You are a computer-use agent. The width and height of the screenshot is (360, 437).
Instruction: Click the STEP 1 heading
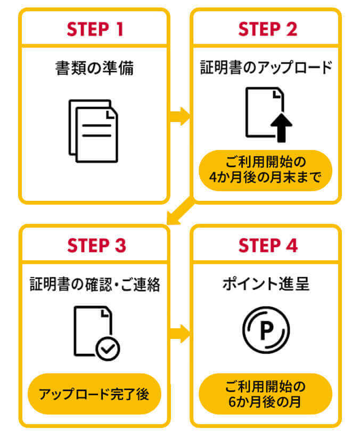point(94,29)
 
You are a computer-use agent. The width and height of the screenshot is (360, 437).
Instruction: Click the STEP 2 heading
point(267,29)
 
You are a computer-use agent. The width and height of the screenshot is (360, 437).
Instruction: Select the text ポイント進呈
point(266,284)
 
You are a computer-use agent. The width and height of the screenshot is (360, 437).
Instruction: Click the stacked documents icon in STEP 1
point(93,130)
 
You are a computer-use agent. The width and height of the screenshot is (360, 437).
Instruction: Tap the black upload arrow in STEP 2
point(281,128)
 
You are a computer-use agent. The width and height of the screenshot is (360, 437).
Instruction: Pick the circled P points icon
point(266,329)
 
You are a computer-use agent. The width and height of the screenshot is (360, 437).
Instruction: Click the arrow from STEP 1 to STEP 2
point(180,116)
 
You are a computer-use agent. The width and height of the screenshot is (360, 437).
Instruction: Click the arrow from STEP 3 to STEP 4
point(180,334)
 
